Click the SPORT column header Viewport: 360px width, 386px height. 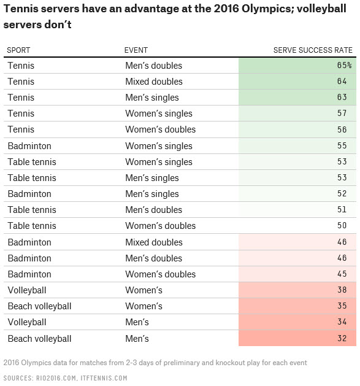click(18, 50)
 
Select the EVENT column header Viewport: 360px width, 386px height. click(136, 50)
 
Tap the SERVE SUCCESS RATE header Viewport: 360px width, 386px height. click(313, 50)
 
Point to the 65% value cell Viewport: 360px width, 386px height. click(343, 66)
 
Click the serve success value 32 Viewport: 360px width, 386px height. click(342, 339)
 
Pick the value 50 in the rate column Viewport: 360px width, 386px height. click(342, 226)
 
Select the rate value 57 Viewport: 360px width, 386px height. click(342, 114)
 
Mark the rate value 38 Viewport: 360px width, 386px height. click(342, 290)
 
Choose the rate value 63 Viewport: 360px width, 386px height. click(342, 98)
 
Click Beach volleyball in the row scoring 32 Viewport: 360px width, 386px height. click(39, 339)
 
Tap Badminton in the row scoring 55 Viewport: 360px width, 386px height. click(29, 146)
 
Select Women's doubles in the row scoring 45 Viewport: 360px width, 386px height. click(160, 274)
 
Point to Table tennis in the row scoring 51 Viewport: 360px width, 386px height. click(31, 210)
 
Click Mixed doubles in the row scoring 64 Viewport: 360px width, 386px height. click(153, 82)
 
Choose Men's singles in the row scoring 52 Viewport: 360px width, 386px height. click(151, 194)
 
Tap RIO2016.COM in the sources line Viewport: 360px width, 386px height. click(64, 377)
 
